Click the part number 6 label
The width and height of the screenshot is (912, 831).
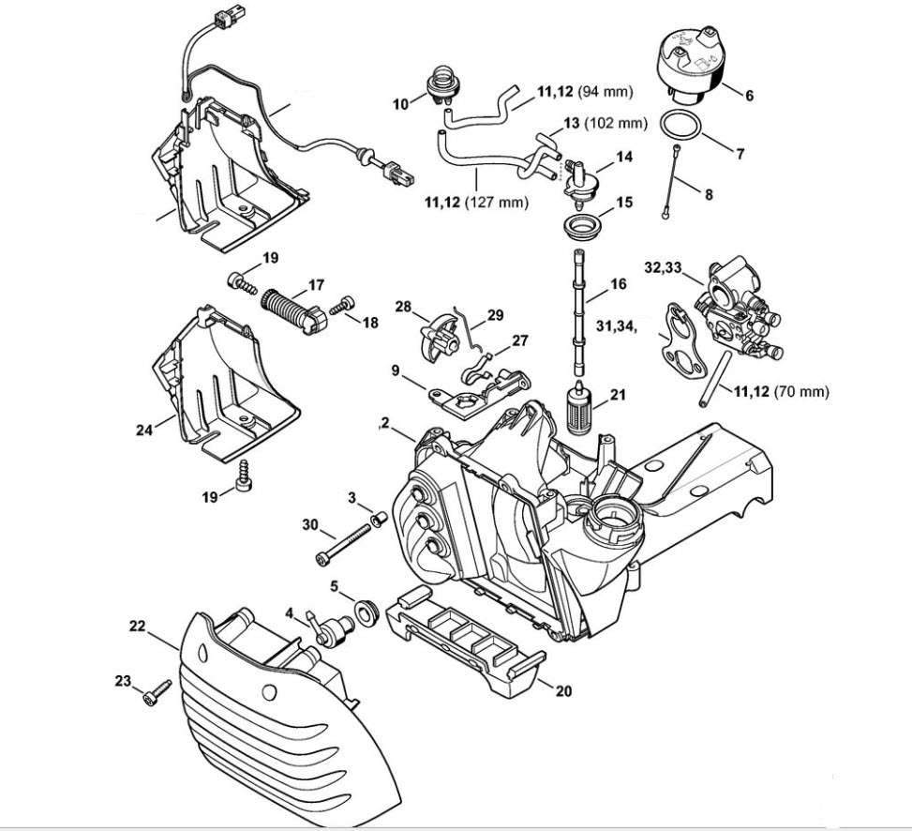(749, 95)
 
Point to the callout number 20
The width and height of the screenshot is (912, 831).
(562, 692)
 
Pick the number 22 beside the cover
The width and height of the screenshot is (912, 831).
(137, 626)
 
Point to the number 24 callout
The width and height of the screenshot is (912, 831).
(143, 431)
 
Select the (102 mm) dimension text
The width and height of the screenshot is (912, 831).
(616, 123)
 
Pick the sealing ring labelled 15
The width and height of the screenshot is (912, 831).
(577, 225)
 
